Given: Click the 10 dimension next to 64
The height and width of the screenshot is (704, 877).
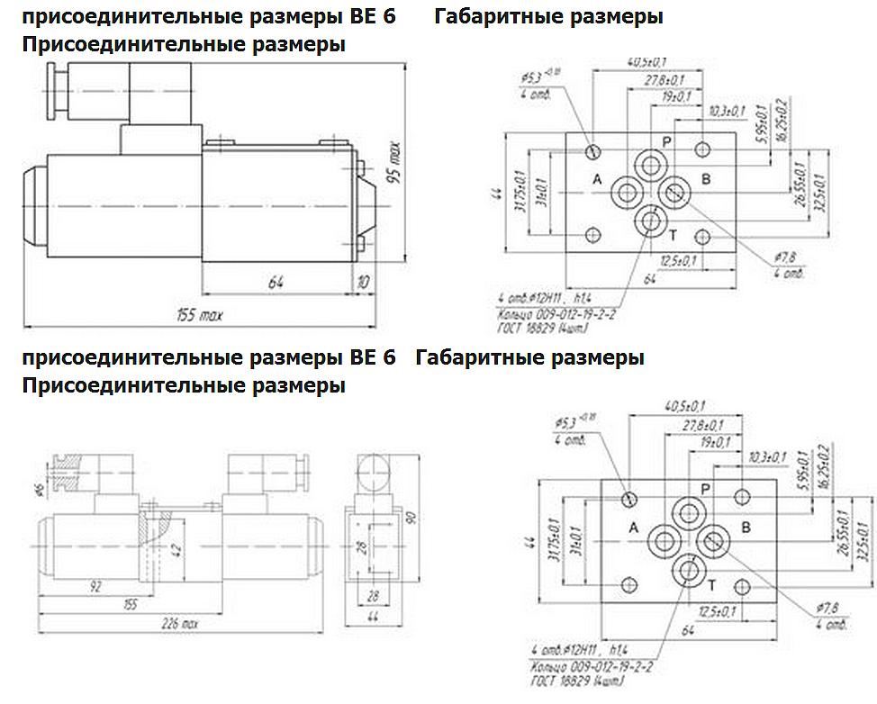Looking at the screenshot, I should (363, 282).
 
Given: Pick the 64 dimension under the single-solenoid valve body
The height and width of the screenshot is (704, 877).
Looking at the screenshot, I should (276, 282).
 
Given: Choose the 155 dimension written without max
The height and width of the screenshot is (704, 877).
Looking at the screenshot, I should (131, 605).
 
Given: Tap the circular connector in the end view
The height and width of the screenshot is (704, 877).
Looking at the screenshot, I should (375, 471).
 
